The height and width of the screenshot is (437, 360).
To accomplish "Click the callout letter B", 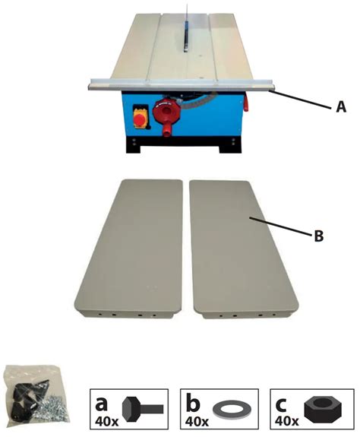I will tap(319, 236).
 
